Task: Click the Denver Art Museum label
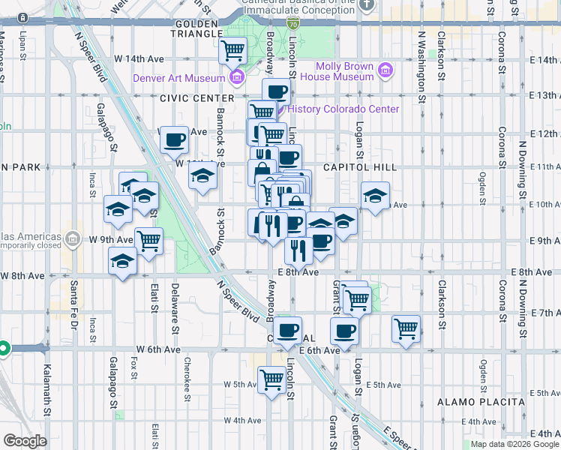[x=178, y=78]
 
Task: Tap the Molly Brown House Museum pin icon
[x=386, y=71]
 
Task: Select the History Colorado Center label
[x=343, y=109]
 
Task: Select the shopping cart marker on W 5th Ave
[x=271, y=379]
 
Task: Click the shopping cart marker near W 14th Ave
[x=233, y=51]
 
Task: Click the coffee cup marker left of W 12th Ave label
[x=174, y=138]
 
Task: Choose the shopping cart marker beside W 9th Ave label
[x=149, y=241]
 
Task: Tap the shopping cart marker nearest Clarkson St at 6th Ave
[x=406, y=328]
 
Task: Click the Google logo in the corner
[x=25, y=441]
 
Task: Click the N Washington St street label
[x=421, y=66]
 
